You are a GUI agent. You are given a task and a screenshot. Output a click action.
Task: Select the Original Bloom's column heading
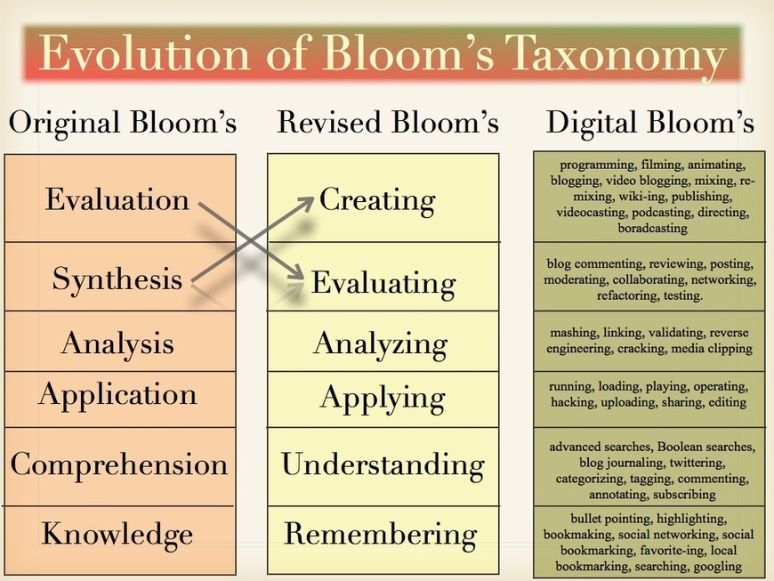click(123, 123)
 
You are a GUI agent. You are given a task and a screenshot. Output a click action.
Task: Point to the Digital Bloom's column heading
click(649, 123)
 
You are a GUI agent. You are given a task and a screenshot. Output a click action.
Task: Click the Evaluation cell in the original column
click(117, 198)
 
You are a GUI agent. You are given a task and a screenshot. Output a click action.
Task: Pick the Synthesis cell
click(117, 278)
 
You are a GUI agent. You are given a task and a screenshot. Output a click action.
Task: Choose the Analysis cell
click(117, 343)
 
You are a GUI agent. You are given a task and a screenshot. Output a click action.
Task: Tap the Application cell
click(117, 394)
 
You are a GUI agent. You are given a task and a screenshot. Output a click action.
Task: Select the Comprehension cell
click(119, 464)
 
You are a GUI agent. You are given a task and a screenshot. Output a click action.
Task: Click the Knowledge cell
click(117, 534)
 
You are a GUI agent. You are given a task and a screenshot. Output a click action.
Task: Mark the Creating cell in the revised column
click(377, 199)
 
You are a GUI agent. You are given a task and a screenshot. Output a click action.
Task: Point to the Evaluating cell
click(383, 283)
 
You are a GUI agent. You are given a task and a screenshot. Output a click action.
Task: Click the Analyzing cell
click(380, 343)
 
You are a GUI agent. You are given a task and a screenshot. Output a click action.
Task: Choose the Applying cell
click(382, 397)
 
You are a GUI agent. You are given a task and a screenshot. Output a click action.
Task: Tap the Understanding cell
click(383, 464)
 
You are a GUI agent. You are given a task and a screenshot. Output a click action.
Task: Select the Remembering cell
click(380, 534)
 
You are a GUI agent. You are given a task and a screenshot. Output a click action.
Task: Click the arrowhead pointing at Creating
click(307, 200)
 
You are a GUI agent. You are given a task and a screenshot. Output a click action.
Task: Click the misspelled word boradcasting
click(653, 229)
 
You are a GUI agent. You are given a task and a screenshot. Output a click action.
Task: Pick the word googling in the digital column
click(717, 567)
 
